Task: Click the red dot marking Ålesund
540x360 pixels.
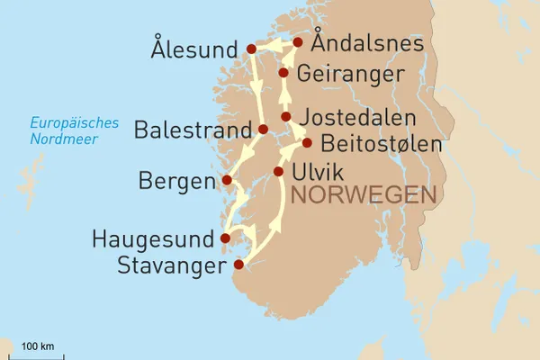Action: pos(251,49)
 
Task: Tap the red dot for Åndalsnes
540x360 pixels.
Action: pos(297,42)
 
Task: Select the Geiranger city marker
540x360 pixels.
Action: pos(283,72)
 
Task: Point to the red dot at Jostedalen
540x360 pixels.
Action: pos(286,117)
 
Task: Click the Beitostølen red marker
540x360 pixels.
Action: pos(307,142)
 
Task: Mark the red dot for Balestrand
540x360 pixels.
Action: pos(263,130)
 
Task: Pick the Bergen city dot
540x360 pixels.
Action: pos(228,180)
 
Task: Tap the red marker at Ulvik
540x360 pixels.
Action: pos(278,171)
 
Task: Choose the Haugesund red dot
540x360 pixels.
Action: pos(225,238)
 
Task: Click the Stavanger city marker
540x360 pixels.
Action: pos(238,265)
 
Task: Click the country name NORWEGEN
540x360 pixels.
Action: pos(364,195)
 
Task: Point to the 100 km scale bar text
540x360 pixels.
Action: pos(37,346)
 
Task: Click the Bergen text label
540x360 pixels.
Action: pos(177,182)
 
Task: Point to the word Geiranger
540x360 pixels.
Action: pos(346,73)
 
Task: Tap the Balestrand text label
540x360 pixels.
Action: pos(192,131)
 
